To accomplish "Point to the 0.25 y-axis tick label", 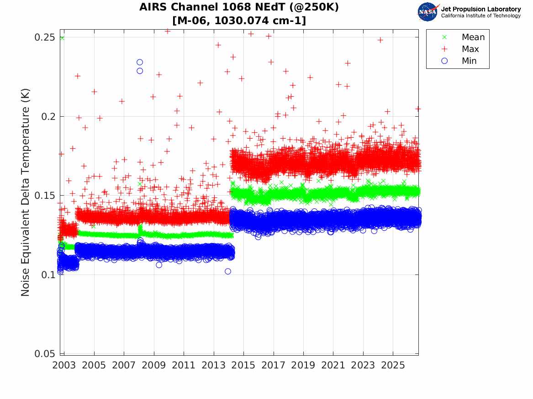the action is pos(44,37).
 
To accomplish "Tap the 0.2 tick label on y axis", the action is pos(48,116).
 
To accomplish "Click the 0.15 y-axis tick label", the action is pos(44,196).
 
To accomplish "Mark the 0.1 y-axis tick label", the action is pos(48,275).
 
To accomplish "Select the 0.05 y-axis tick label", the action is pos(44,353).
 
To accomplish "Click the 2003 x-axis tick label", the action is pos(64,365).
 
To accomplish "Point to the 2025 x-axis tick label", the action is pos(393,365).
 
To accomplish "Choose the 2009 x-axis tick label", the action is pos(153,365).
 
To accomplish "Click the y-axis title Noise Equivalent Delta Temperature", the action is pos(26,192).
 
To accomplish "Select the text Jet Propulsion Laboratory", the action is pos(480,9).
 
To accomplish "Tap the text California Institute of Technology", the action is pos(480,16).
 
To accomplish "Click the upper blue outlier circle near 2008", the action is pos(140,62).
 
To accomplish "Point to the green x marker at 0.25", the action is pos(62,38).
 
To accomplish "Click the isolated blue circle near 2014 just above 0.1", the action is pos(228,271).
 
